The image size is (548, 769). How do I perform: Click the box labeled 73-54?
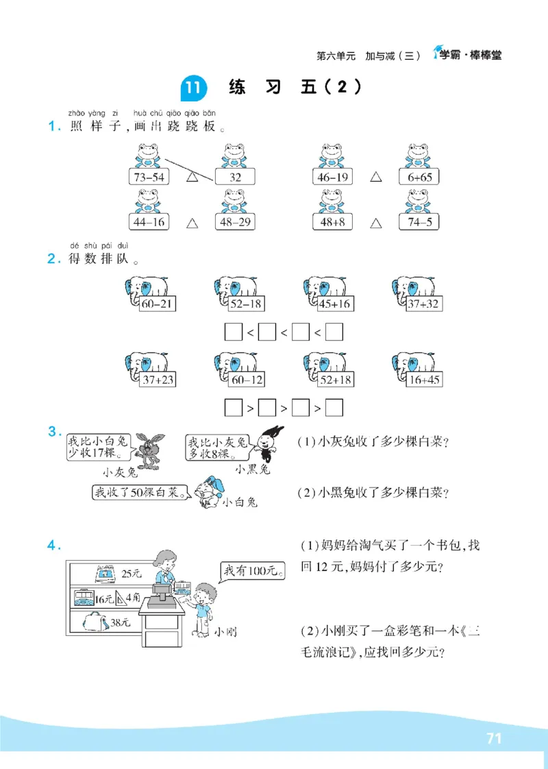[x=149, y=177]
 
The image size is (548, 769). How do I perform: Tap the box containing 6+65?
[x=419, y=177]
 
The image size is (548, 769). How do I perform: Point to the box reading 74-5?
[x=419, y=222]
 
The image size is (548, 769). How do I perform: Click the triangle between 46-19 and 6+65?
[x=375, y=177]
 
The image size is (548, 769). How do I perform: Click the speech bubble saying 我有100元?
[x=252, y=570]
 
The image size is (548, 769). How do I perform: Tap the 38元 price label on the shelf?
[x=121, y=623]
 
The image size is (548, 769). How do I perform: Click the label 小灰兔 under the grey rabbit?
[x=121, y=473]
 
